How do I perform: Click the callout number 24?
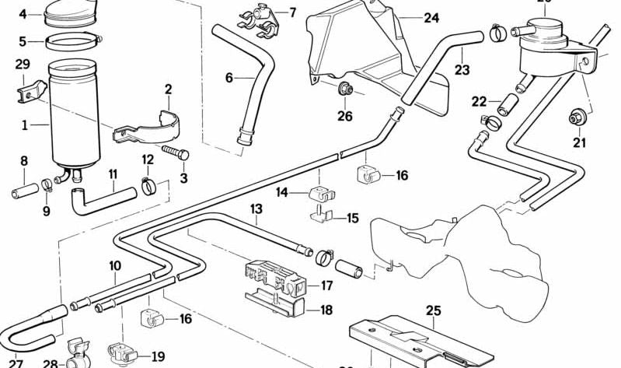431,16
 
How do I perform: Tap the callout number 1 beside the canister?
24,124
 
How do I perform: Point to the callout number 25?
433,310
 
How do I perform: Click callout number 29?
23,64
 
